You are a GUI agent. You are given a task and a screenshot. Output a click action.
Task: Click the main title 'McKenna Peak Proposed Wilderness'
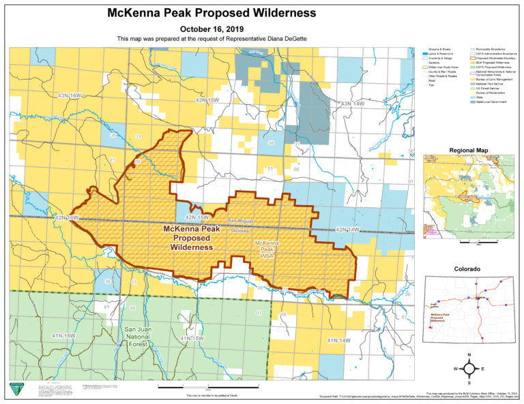(212, 13)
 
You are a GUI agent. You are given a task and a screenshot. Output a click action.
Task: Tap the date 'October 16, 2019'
(212, 29)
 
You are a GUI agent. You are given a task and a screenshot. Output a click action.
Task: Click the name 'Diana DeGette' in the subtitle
(287, 40)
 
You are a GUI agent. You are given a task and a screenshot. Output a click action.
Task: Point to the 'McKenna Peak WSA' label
(266, 249)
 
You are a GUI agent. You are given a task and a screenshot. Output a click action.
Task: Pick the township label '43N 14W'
(355, 103)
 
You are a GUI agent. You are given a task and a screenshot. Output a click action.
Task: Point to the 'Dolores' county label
(239, 231)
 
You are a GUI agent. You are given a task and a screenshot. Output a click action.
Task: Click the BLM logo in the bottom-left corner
(15, 388)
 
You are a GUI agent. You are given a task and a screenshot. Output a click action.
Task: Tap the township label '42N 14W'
(347, 230)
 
